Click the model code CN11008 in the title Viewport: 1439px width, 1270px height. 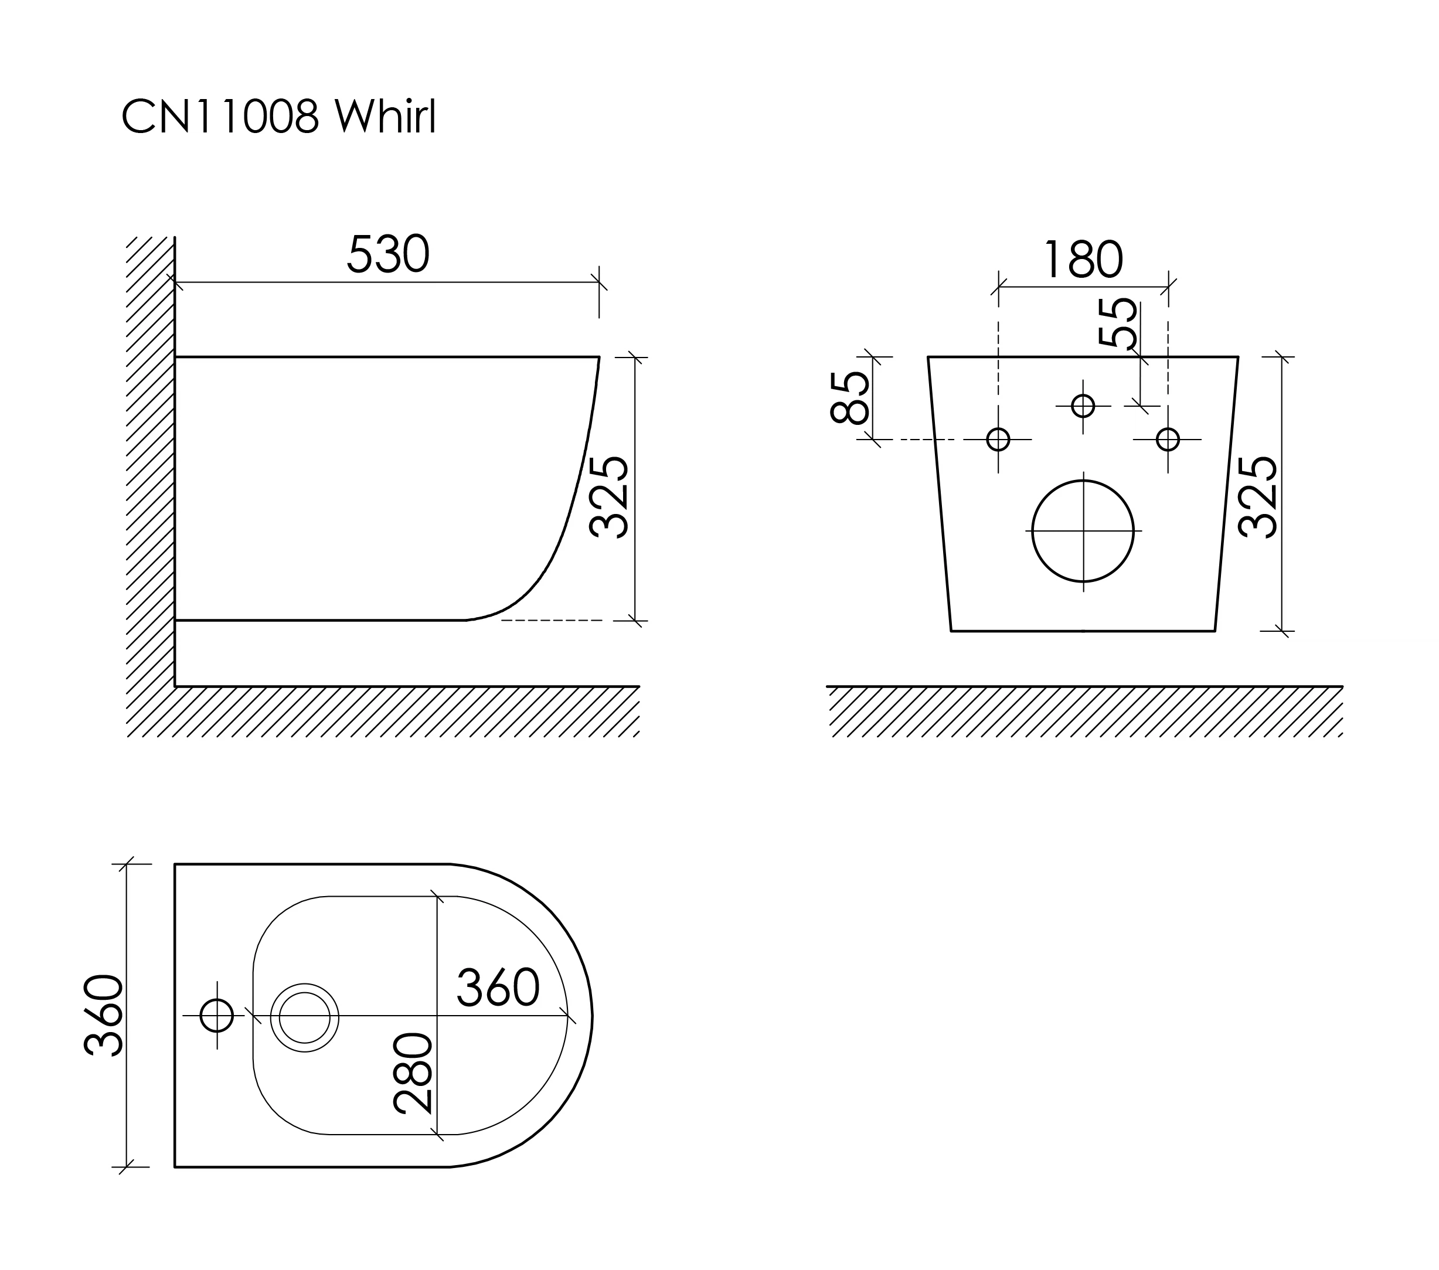pos(220,116)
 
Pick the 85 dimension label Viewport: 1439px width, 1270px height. pos(850,398)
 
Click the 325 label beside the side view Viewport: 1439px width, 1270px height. pos(608,497)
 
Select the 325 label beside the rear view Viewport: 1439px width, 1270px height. pos(1257,497)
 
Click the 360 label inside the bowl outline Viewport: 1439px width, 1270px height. pos(498,988)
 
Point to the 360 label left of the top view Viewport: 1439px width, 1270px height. pos(104,1015)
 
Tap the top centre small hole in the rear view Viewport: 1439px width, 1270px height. pos(1083,406)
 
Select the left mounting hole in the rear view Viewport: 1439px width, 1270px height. pos(998,440)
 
